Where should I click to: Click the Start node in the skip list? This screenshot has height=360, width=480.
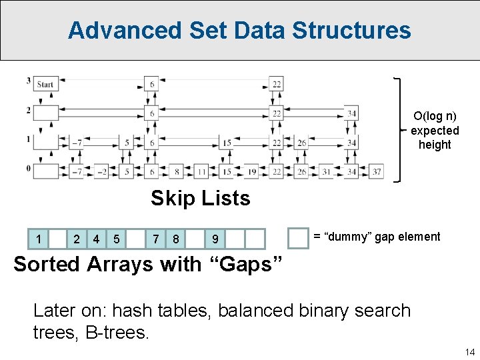(x=45, y=84)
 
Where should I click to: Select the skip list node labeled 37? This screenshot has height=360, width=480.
(x=376, y=171)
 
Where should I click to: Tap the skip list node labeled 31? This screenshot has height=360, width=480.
(x=326, y=171)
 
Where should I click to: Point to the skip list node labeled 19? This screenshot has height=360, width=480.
(x=252, y=171)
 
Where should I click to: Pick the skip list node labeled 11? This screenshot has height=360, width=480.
(x=201, y=171)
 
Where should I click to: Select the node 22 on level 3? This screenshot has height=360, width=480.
(x=276, y=84)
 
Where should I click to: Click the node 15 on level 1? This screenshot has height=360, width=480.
(x=227, y=143)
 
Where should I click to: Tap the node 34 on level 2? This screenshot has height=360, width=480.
(x=351, y=113)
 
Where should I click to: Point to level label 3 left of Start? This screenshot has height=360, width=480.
(x=28, y=81)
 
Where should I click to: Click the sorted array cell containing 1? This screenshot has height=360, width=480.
(x=39, y=239)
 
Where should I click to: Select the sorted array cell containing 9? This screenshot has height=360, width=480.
(x=215, y=239)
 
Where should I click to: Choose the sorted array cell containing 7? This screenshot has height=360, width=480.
(x=156, y=239)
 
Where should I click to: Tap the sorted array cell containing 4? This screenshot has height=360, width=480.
(x=97, y=239)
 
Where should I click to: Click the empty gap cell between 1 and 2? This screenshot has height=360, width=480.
(x=59, y=239)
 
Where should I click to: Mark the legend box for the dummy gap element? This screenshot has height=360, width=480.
(x=297, y=237)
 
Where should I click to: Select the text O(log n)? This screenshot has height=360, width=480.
(x=435, y=116)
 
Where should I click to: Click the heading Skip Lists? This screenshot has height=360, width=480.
(x=200, y=198)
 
